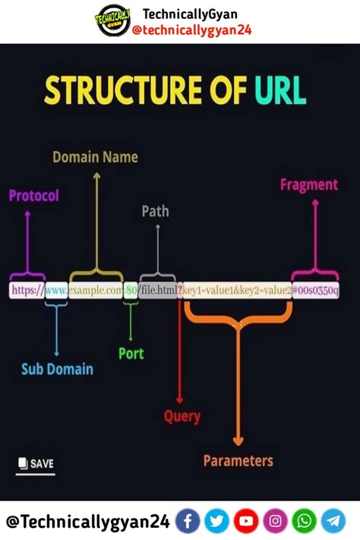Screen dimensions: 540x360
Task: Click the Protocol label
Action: (x=33, y=195)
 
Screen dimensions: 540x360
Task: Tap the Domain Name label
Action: (x=95, y=157)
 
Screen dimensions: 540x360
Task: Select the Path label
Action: (x=155, y=211)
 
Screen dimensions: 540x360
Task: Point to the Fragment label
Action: (x=308, y=185)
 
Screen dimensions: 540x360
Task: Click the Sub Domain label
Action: (x=57, y=369)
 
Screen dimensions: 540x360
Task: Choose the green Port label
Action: (x=131, y=353)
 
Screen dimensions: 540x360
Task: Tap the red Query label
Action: (x=182, y=415)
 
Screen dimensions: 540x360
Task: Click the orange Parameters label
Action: (x=238, y=460)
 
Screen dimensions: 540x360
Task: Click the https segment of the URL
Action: (x=27, y=290)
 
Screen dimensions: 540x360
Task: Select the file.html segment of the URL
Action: (x=158, y=290)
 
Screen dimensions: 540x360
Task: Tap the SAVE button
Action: (x=36, y=463)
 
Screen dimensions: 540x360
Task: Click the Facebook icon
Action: (x=188, y=521)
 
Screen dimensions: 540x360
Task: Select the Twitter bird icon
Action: (x=216, y=521)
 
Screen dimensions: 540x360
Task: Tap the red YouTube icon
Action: (x=246, y=521)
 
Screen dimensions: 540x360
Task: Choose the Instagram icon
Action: (x=276, y=521)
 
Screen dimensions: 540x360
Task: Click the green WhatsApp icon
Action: (x=305, y=521)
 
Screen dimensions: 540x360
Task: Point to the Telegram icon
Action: (x=333, y=521)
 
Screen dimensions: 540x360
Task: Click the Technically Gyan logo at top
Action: (x=112, y=21)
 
